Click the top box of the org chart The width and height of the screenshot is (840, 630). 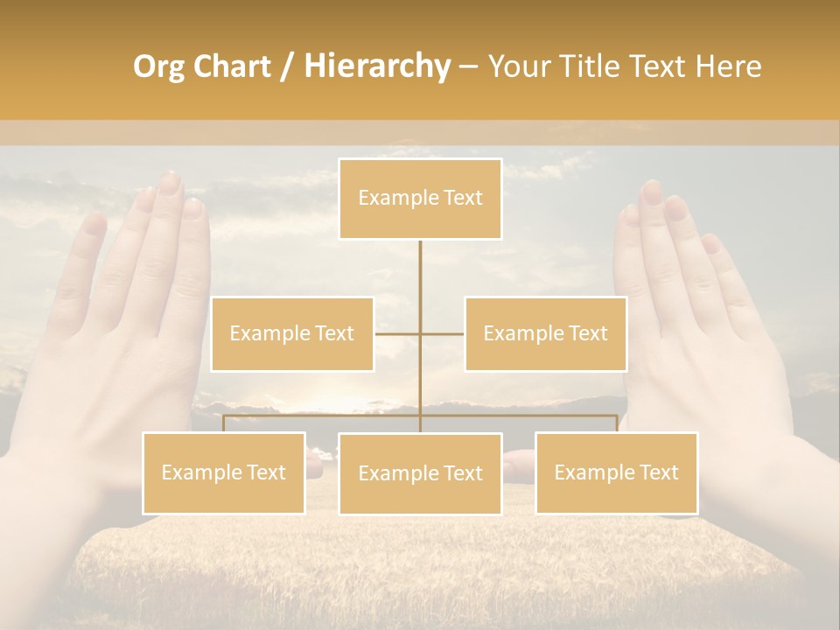click(420, 199)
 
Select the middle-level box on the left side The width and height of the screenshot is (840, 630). click(292, 333)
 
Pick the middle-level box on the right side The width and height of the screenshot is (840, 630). click(545, 333)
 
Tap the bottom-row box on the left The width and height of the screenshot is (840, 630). click(224, 472)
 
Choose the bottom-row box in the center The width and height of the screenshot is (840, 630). click(420, 473)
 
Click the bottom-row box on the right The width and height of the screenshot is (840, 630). click(616, 472)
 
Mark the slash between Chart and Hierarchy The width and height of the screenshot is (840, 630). click(287, 67)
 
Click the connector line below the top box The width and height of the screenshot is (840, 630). click(420, 280)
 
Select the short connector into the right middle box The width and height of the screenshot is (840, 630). click(444, 333)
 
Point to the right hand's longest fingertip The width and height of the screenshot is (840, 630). click(651, 188)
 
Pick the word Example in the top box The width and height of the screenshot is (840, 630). click(388, 199)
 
